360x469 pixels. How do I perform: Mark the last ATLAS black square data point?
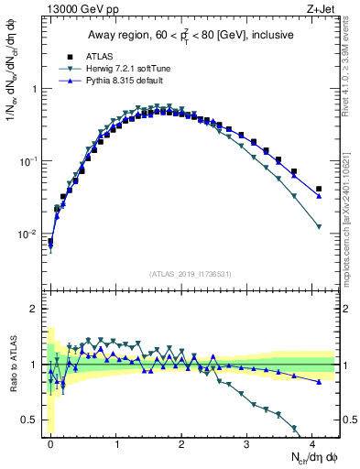pyautogui.click(x=318, y=189)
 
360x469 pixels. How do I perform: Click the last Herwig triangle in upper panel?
pyautogui.click(x=318, y=226)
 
